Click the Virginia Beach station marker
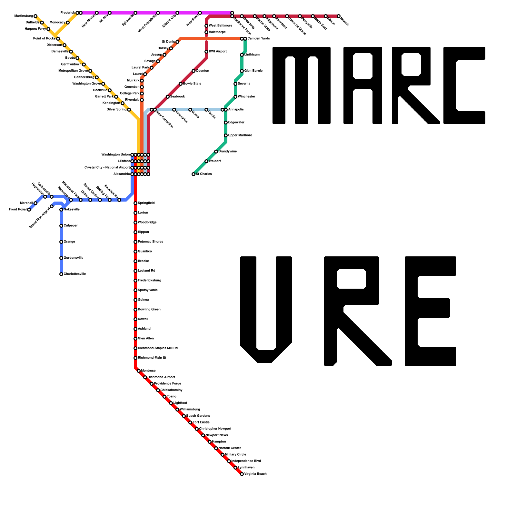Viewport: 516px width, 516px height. (242, 474)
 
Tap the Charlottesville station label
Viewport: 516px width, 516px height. (74, 274)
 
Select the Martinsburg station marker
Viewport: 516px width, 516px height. (35, 16)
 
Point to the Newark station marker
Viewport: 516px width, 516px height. (339, 16)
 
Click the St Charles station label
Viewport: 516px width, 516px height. (204, 174)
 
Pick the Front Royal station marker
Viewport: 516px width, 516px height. (29, 210)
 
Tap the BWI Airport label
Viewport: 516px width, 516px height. (218, 52)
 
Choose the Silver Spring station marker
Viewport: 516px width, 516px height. (129, 110)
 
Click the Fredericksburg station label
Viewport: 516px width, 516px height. (149, 281)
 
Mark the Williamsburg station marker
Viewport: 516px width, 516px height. (177, 410)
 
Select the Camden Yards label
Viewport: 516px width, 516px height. (259, 39)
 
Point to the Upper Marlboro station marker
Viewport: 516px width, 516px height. (226, 135)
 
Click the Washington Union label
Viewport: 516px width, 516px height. (115, 155)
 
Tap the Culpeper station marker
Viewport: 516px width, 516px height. (61, 226)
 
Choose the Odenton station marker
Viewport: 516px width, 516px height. (193, 71)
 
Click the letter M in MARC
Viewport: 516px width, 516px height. (301, 85)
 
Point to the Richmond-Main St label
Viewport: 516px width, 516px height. (152, 358)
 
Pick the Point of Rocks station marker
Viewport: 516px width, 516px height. (58, 39)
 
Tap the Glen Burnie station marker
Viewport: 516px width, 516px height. (242, 71)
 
